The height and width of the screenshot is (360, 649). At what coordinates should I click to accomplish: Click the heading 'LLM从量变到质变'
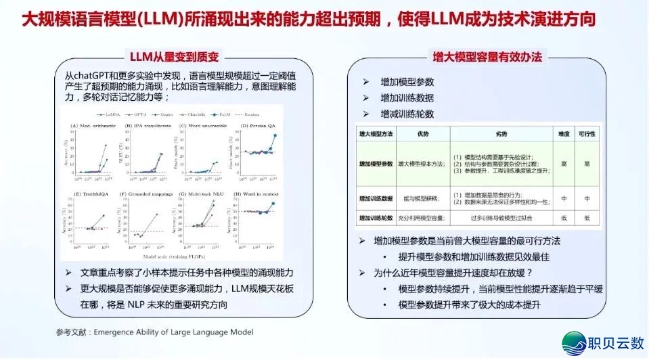pos(175,57)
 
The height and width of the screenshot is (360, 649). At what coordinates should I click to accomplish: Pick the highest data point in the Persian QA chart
pos(274,135)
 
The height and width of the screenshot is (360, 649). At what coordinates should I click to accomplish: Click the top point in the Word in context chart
pos(273,203)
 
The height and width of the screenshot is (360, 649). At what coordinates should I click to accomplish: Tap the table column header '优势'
pos(424,133)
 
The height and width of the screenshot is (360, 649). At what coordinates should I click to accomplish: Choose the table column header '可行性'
pos(587,133)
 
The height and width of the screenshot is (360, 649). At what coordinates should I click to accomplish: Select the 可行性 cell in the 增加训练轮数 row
pos(587,218)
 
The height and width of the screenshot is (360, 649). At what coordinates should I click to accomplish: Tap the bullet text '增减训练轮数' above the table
pos(407,114)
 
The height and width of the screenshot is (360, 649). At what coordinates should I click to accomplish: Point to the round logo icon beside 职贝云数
pos(575,343)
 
